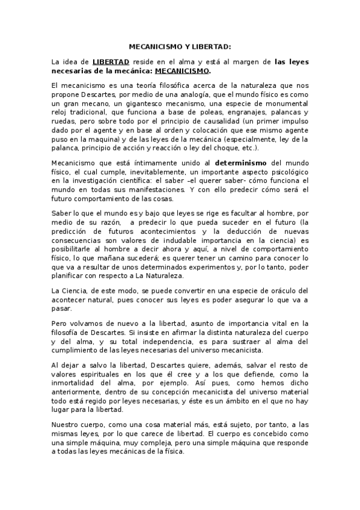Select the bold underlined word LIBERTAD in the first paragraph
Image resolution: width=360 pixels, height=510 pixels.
coord(111,61)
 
